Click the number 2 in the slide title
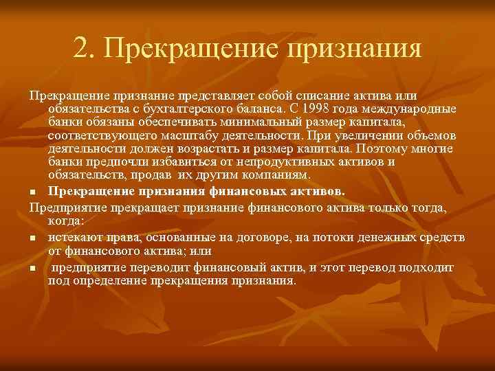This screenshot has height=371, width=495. tap(80, 49)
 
